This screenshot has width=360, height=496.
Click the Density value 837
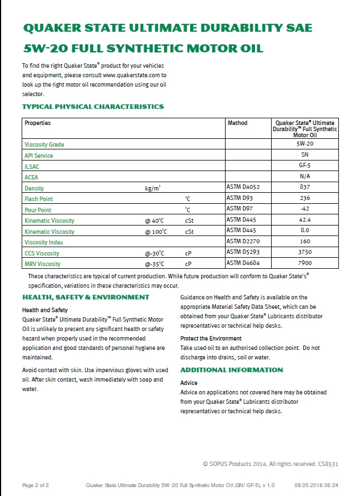[x=304, y=187]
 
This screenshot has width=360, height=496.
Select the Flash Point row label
[x=39, y=199]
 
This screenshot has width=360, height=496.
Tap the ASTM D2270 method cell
[x=243, y=242]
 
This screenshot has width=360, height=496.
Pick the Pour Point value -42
[x=304, y=209]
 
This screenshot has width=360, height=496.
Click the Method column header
[x=237, y=123]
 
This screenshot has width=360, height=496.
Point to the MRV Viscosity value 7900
[x=304, y=263]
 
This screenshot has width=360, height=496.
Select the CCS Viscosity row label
[x=42, y=253]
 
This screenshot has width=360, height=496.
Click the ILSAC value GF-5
[x=304, y=166]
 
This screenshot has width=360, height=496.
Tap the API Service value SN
[x=304, y=155]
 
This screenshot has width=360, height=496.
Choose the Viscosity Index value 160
[x=304, y=242]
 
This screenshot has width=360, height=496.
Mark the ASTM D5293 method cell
[x=243, y=252]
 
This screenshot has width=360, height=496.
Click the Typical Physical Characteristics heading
[x=93, y=107]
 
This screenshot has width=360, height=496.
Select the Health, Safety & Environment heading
[x=86, y=297]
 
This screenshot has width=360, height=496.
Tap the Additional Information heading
[x=232, y=370]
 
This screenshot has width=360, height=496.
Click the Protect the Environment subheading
[x=211, y=338]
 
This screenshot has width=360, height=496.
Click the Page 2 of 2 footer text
[x=36, y=485]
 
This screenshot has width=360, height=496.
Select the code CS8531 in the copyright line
[x=328, y=463]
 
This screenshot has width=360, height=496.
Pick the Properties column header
[x=37, y=123]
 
